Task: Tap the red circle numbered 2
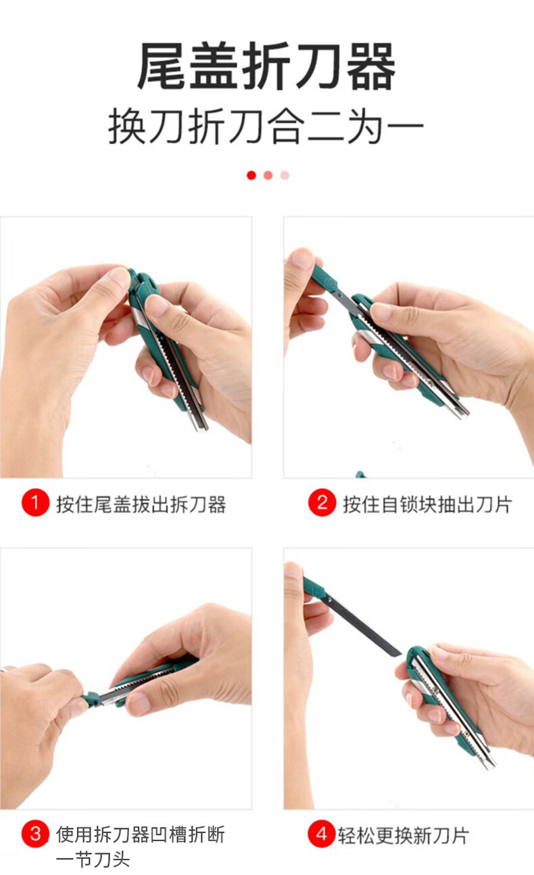tap(322, 502)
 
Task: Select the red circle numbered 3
tap(35, 834)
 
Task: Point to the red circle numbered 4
tap(322, 834)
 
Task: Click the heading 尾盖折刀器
tap(266, 66)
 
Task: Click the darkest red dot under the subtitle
tap(251, 175)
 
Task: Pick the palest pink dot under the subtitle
tap(285, 175)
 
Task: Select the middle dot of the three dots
tap(268, 175)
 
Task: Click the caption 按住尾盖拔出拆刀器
tap(141, 504)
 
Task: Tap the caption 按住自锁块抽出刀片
tap(427, 504)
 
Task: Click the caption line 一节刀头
tap(93, 859)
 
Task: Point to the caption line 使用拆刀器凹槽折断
tap(141, 834)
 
